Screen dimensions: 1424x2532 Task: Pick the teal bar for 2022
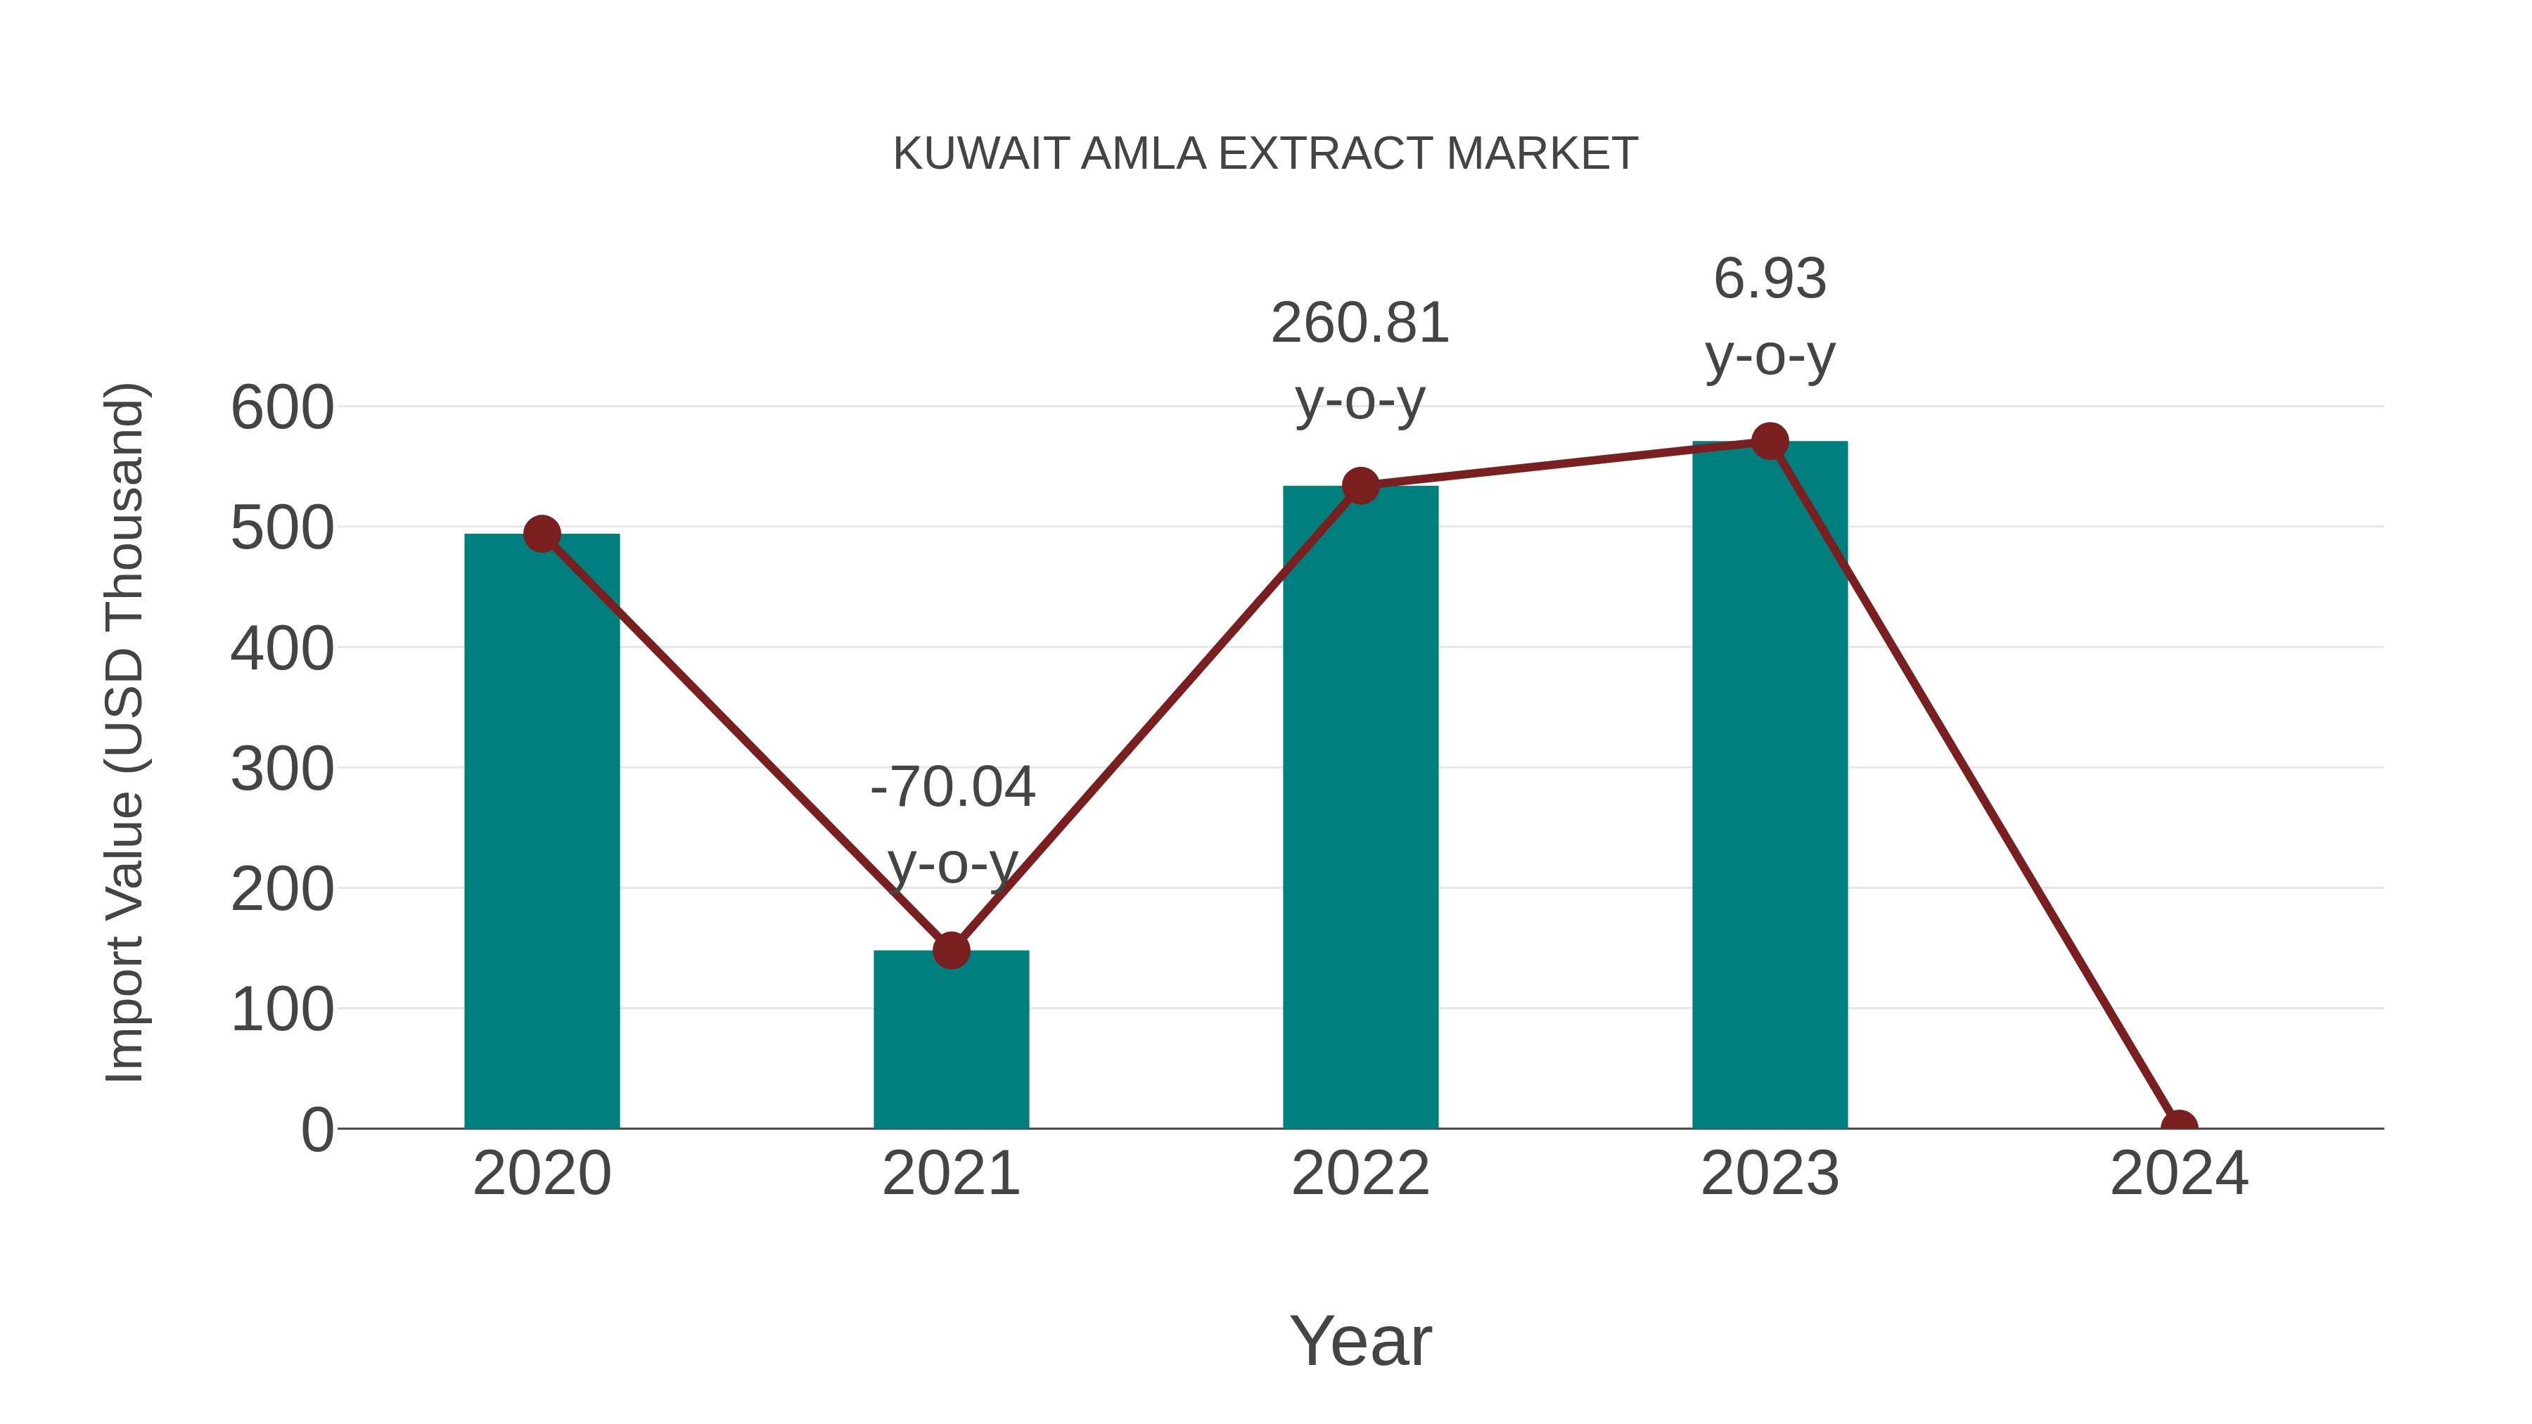1360,807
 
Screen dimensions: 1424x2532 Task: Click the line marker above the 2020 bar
542,534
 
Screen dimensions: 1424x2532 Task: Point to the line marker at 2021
950,950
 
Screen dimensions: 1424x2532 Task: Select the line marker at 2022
1360,485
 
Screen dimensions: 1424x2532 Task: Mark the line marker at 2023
1770,441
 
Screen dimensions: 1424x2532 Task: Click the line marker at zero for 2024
2179,1127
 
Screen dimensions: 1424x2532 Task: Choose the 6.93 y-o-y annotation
1770,316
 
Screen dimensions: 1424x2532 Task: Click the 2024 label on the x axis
2179,1174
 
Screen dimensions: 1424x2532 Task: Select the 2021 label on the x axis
950,1174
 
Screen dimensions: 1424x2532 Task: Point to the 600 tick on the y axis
282,407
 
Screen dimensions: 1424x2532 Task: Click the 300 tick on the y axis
282,769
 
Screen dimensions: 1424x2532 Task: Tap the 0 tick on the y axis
316,1129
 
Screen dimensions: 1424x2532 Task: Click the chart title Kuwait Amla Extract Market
1265,153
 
